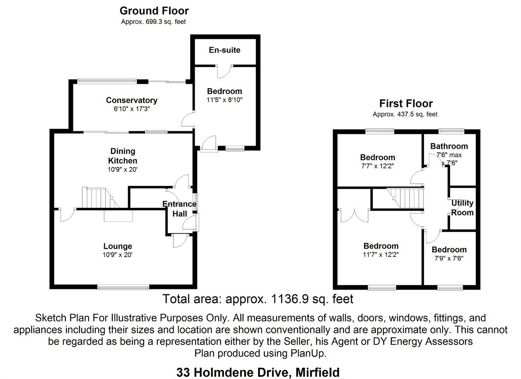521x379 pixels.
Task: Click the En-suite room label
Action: click(225, 50)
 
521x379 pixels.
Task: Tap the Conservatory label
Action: click(132, 100)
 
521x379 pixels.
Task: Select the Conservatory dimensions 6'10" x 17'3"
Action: click(132, 109)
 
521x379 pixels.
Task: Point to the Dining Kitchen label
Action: click(123, 156)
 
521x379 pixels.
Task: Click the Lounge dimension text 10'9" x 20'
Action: click(118, 255)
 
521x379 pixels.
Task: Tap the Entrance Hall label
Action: click(179, 209)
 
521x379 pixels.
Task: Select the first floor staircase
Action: click(406, 197)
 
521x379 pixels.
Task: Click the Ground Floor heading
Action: click(154, 10)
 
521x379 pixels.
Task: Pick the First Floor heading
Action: click(406, 104)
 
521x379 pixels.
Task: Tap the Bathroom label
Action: click(449, 146)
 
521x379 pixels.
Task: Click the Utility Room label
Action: click(462, 207)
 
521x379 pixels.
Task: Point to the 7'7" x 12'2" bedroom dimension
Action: click(377, 166)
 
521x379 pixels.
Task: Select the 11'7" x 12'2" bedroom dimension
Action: click(381, 255)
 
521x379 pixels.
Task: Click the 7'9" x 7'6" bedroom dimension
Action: click(449, 258)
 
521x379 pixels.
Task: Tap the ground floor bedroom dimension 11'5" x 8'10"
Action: click(225, 100)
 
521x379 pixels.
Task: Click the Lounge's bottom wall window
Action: click(123, 287)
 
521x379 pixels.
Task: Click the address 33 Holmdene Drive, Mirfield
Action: click(258, 372)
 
